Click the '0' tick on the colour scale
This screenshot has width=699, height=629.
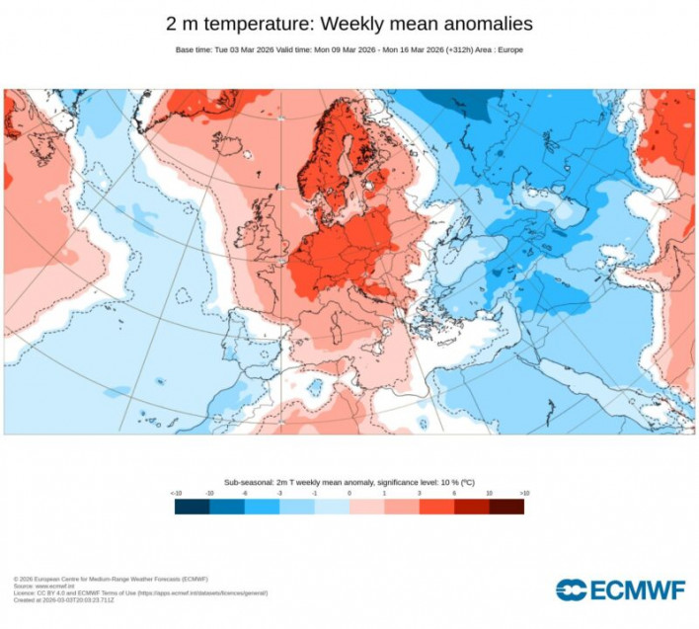[349, 492]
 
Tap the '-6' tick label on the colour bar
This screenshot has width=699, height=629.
[245, 492]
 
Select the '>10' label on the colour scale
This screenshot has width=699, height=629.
[524, 492]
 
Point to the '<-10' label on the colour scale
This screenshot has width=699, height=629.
[176, 492]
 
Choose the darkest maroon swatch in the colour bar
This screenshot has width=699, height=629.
[506, 507]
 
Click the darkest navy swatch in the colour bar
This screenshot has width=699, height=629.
[193, 507]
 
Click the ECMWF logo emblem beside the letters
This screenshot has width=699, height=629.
[571, 590]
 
